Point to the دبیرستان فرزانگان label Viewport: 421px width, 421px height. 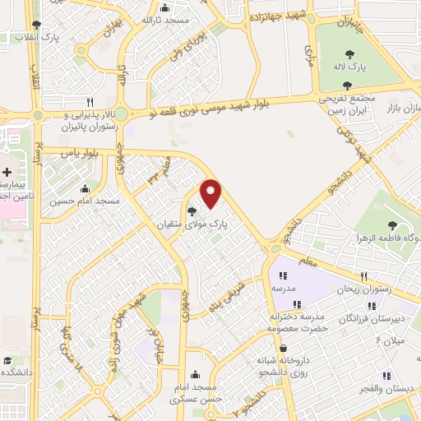[x=372, y=317]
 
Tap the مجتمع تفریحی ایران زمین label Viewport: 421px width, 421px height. [x=347, y=104]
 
